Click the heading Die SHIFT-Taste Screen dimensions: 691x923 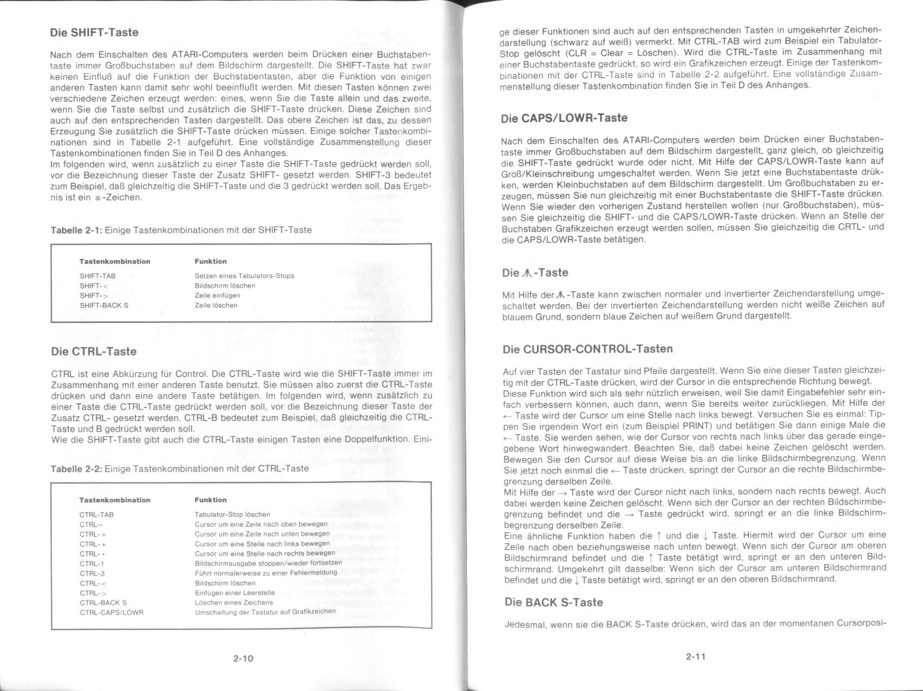click(94, 33)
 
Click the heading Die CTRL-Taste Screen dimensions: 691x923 click(94, 352)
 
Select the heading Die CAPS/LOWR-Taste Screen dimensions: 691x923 click(565, 118)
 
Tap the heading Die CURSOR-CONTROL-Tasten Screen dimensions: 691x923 click(587, 349)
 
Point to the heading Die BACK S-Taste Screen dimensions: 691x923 click(553, 602)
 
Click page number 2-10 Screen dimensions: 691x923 click(243, 658)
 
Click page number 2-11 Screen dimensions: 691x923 click(695, 657)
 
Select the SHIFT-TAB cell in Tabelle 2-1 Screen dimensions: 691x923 click(97, 276)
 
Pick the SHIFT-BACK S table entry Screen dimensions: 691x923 click(104, 305)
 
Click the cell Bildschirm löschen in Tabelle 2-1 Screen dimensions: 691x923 click(225, 286)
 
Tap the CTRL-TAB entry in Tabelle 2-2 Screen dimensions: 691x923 click(96, 514)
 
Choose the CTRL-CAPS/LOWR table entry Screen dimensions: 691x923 click(112, 612)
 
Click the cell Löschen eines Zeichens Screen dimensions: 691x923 click(234, 602)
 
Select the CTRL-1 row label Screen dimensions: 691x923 click(91, 564)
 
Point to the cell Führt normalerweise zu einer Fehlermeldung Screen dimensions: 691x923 click(266, 573)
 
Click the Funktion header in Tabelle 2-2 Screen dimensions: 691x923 click(211, 500)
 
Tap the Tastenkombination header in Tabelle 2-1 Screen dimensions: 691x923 click(115, 261)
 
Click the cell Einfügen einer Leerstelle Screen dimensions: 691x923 click(235, 592)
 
